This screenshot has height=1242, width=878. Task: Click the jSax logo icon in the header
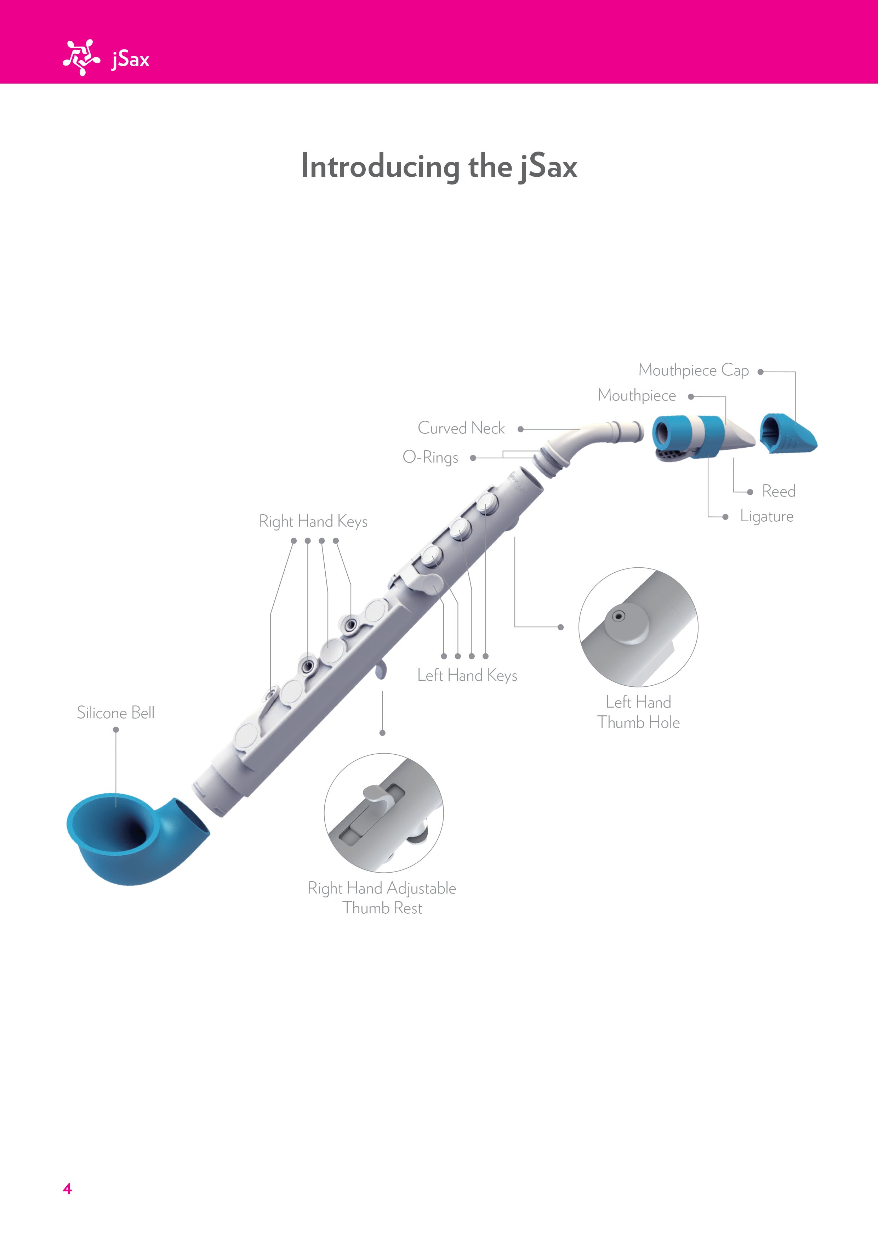(81, 57)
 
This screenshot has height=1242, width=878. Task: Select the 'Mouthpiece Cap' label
(693, 370)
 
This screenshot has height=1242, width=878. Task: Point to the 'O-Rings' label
(431, 458)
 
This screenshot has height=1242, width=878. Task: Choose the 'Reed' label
(779, 491)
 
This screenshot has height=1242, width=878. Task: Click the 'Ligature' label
(766, 517)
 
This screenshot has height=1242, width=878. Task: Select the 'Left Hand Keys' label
(467, 676)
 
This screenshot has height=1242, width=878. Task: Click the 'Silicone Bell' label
(116, 713)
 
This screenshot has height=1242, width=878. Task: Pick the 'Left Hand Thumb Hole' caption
(638, 713)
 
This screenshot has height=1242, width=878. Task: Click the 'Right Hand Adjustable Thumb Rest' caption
(382, 898)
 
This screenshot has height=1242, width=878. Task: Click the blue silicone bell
(135, 839)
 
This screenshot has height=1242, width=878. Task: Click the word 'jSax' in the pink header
(130, 59)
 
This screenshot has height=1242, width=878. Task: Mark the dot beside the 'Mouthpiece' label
(691, 397)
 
